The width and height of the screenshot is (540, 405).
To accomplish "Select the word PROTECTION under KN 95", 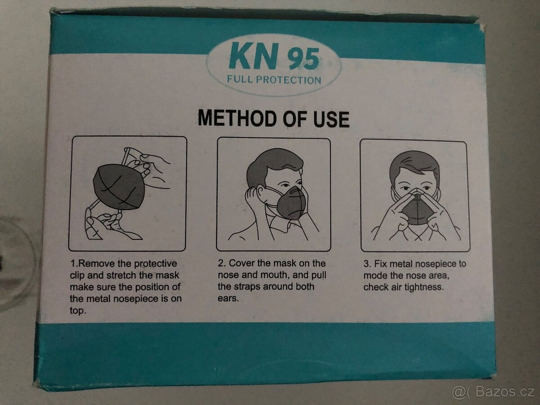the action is pyautogui.click(x=288, y=80).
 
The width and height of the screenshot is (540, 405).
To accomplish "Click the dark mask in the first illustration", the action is pyautogui.click(x=119, y=187).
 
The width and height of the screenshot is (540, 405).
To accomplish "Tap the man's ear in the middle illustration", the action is pyautogui.click(x=260, y=194).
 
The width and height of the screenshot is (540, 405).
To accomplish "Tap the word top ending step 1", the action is pyautogui.click(x=77, y=311).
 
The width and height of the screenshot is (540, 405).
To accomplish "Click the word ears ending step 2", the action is pyautogui.click(x=228, y=298).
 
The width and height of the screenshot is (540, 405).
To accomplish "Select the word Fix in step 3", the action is pyautogui.click(x=380, y=264).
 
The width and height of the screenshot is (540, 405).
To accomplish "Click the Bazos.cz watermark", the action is pyautogui.click(x=494, y=392).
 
